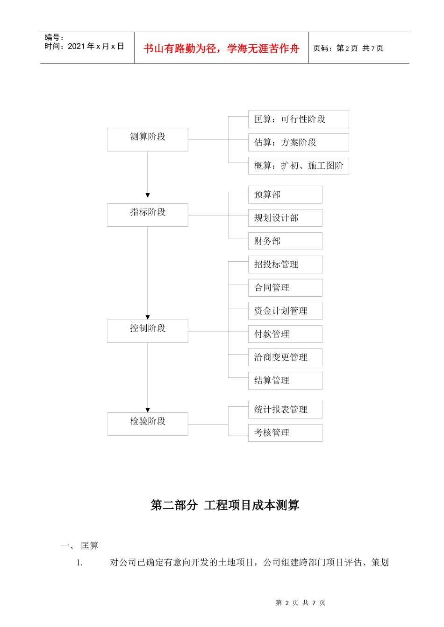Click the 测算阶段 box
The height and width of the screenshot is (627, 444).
(x=147, y=139)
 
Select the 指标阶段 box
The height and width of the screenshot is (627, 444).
(x=147, y=215)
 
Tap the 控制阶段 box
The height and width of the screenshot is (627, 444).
(x=147, y=331)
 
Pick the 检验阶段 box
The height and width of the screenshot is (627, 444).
(x=147, y=424)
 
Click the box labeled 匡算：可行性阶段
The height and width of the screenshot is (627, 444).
(x=298, y=119)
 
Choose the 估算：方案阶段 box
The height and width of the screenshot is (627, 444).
(x=298, y=142)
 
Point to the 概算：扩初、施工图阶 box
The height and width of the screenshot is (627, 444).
(x=298, y=166)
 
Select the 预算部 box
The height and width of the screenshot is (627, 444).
(x=285, y=195)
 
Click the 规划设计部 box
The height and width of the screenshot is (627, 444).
(x=285, y=218)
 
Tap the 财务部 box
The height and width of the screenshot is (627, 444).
(x=285, y=241)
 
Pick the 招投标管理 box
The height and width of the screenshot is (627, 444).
(x=285, y=265)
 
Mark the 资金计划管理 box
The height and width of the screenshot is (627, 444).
(x=285, y=311)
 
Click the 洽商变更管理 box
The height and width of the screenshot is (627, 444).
(x=285, y=357)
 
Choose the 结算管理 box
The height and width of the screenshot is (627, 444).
(x=285, y=381)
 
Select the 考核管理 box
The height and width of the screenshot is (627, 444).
(x=285, y=433)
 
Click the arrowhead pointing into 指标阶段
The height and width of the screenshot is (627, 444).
(x=148, y=195)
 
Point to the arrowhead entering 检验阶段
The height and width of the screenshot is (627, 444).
(x=148, y=410)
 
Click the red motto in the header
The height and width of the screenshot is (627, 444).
(x=221, y=49)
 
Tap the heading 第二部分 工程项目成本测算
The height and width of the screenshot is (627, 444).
(x=225, y=505)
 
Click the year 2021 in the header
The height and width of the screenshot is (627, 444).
(x=76, y=46)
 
